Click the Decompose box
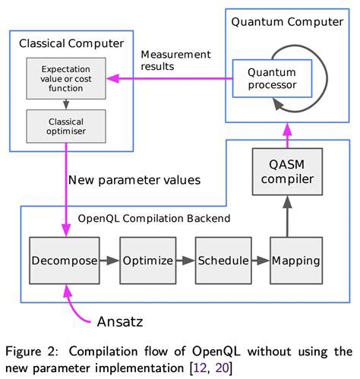pyautogui.click(x=65, y=261)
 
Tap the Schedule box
pyautogui.click(x=223, y=261)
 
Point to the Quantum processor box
pyautogui.click(x=272, y=80)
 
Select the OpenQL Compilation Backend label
pyautogui.click(x=143, y=218)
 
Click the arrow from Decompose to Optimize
pyautogui.click(x=109, y=261)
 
